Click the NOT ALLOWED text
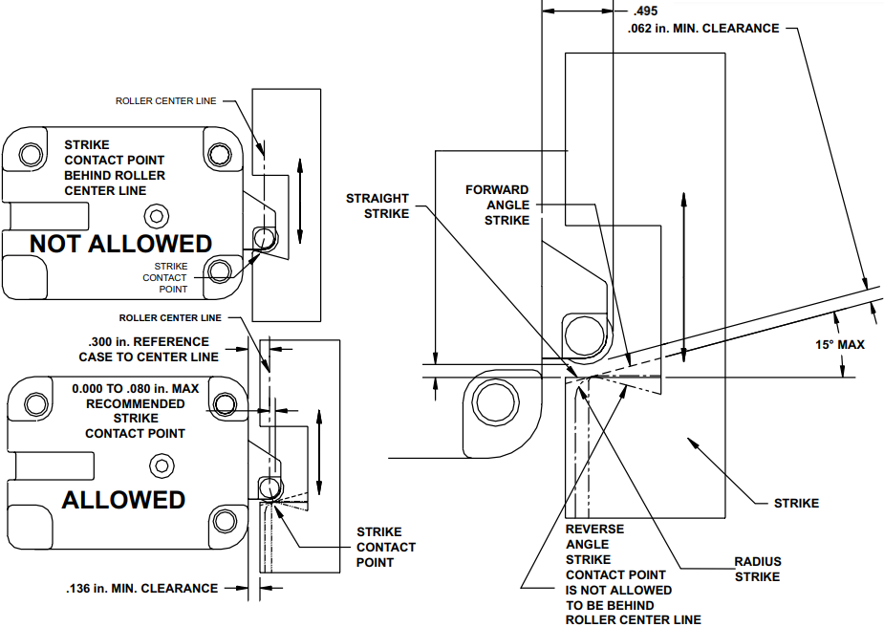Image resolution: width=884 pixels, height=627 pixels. click(120, 244)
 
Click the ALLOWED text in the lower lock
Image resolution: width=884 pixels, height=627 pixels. click(123, 499)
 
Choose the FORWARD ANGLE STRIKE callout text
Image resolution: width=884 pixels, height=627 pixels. click(497, 205)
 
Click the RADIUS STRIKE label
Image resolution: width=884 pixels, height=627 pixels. click(757, 569)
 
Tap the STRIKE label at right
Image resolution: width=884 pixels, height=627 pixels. click(796, 503)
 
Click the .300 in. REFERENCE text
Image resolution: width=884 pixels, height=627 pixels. click(148, 341)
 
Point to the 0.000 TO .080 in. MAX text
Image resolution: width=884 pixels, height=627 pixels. click(135, 389)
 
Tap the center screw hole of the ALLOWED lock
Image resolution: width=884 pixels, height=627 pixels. click(156, 465)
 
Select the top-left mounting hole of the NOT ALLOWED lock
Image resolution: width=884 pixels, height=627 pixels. click(31, 154)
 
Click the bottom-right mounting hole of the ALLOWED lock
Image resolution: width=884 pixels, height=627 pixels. click(225, 520)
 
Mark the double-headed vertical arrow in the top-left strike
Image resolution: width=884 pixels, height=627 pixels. click(301, 202)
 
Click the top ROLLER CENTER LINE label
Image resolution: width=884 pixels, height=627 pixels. click(165, 100)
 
